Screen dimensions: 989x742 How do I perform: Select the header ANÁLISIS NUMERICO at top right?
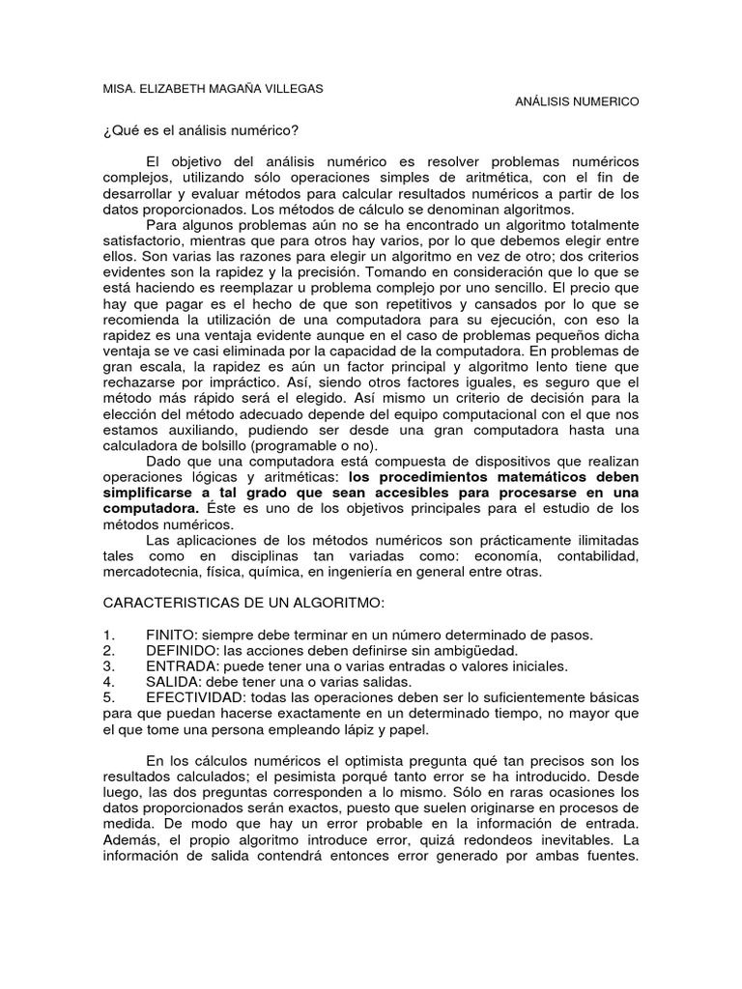[x=577, y=101]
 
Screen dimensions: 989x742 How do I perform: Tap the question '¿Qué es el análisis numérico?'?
[x=201, y=130]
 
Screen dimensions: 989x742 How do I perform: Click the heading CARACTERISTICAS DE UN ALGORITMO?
[x=243, y=603]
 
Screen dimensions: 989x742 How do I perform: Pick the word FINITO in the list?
[x=170, y=635]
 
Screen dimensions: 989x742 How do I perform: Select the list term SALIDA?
[x=172, y=681]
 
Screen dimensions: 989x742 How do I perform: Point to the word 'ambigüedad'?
[x=445, y=650]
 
